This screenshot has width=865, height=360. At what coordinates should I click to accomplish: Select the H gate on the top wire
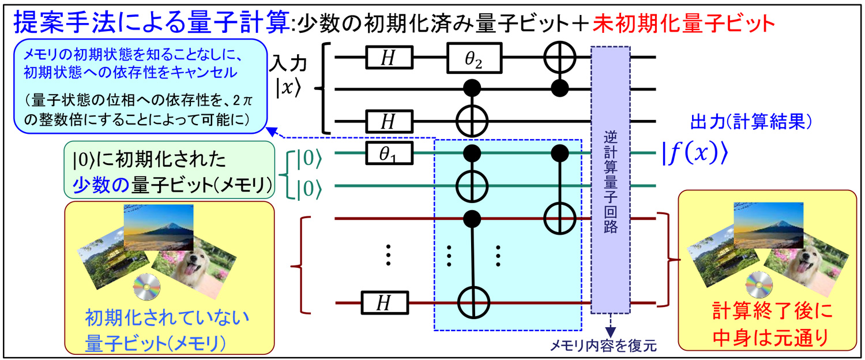click(x=390, y=57)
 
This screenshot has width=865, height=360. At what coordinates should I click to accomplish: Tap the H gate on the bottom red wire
click(x=385, y=302)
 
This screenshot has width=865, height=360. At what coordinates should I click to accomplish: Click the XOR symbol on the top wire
click(x=558, y=57)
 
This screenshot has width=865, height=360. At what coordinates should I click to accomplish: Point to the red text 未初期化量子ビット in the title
click(x=681, y=22)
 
